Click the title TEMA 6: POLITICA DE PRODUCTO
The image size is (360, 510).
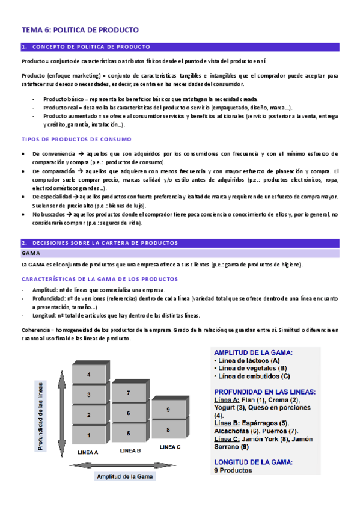80,29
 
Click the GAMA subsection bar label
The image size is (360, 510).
31,253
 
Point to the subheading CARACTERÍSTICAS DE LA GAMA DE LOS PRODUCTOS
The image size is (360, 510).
99,279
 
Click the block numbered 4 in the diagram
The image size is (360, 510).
88,375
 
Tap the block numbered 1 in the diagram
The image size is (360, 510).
88,435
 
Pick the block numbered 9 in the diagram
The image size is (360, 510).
168,409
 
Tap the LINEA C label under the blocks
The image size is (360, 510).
170,447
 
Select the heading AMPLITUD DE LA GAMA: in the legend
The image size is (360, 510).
253,352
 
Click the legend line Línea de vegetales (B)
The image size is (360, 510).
253,368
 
